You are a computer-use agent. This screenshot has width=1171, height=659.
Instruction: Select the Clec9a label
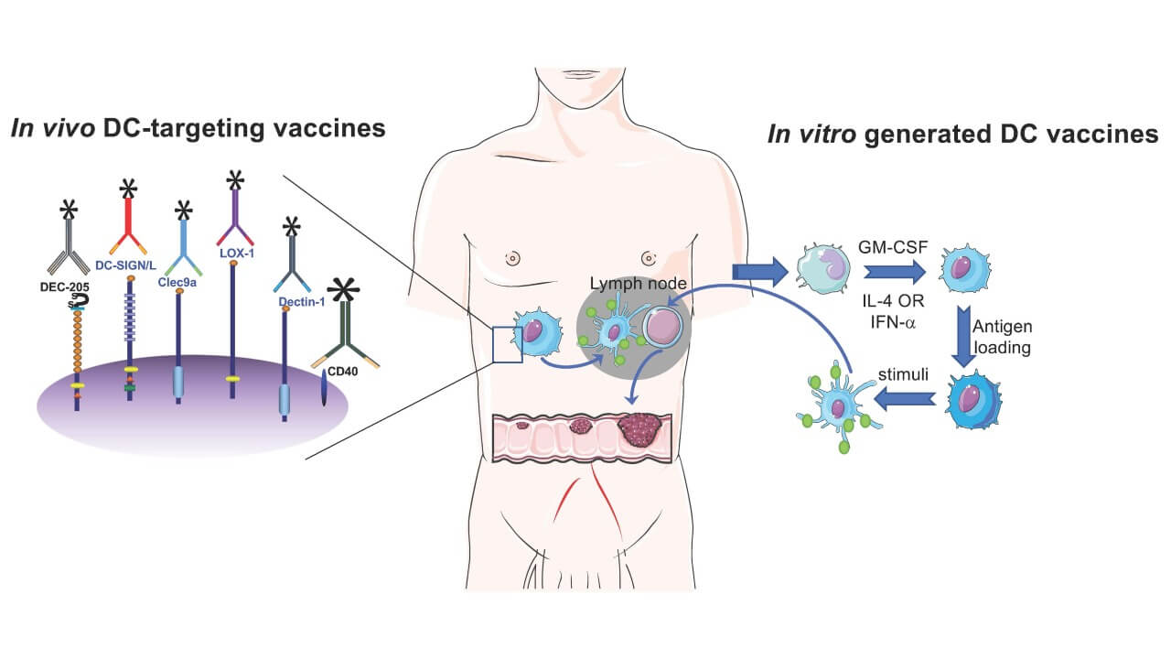[x=182, y=284]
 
